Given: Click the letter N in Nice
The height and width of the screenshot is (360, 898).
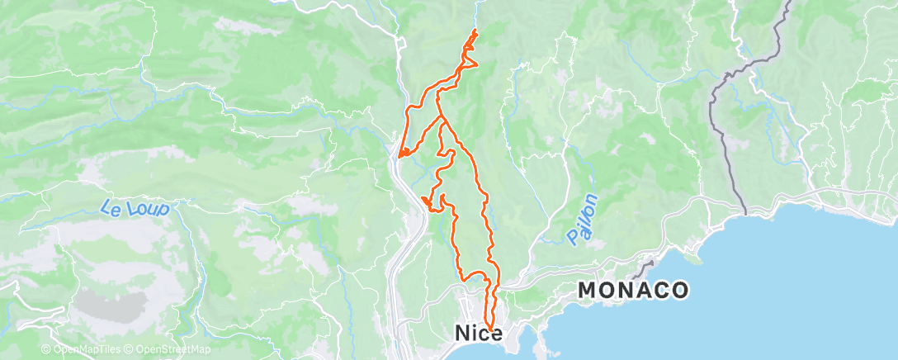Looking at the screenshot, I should pos(461,334).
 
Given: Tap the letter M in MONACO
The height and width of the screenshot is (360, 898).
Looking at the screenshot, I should pos(588,291).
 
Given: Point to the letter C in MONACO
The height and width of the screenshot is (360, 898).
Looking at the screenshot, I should pos(656,291).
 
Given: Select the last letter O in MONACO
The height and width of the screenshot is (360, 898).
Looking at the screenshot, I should pos(679,291).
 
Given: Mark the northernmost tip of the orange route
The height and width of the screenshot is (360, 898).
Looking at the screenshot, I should pos(475,31).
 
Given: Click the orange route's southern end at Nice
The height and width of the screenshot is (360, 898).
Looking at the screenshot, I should pos(490,331).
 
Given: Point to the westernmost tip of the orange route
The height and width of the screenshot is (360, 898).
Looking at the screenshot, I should pos(399,155).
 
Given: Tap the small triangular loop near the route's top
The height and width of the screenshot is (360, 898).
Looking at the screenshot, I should pos(469,59).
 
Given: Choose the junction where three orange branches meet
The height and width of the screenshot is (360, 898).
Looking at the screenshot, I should pos(442,121).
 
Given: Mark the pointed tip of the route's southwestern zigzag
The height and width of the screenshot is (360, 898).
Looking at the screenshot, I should pos(422,198).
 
